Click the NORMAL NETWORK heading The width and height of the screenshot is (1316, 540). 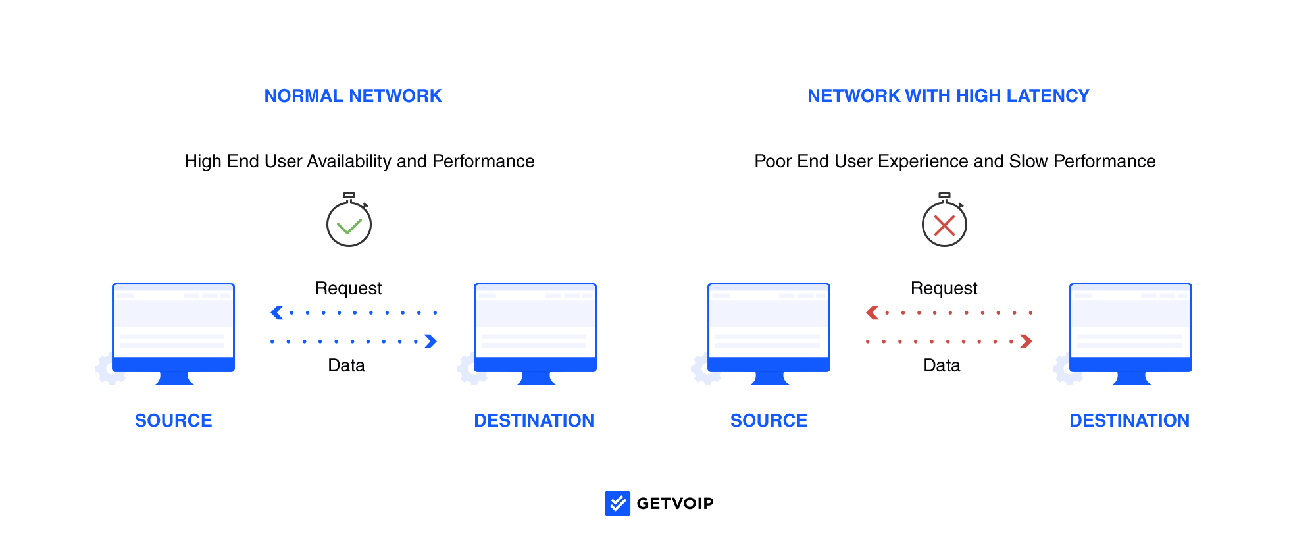tap(353, 96)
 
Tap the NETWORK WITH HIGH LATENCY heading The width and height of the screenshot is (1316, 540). tap(948, 96)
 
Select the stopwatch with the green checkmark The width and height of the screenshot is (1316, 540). tap(349, 221)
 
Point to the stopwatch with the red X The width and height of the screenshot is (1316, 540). tap(944, 221)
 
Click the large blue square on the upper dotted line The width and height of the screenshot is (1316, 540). tap(277, 313)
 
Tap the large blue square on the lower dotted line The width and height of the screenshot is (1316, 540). tap(431, 341)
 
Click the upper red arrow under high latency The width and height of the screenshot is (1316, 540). tap(949, 313)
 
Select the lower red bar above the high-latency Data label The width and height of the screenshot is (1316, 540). tap(951, 341)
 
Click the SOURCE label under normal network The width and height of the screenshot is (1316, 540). tap(174, 420)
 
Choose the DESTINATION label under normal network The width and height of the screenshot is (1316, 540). tap(534, 420)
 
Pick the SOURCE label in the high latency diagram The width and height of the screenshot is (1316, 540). tap(769, 420)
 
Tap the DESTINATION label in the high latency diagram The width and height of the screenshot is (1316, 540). tap(1130, 420)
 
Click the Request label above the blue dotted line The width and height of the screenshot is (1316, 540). tap(349, 288)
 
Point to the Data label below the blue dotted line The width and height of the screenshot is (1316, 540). tap(347, 365)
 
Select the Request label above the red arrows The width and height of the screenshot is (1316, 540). tap(944, 288)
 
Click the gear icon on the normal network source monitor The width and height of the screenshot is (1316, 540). tap(110, 369)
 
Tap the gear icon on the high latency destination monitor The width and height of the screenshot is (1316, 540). tap(1067, 369)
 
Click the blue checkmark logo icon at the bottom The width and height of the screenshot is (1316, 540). tap(619, 504)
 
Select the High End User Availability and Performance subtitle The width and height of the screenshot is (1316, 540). tap(359, 162)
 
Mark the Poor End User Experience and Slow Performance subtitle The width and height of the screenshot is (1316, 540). tap(955, 162)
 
